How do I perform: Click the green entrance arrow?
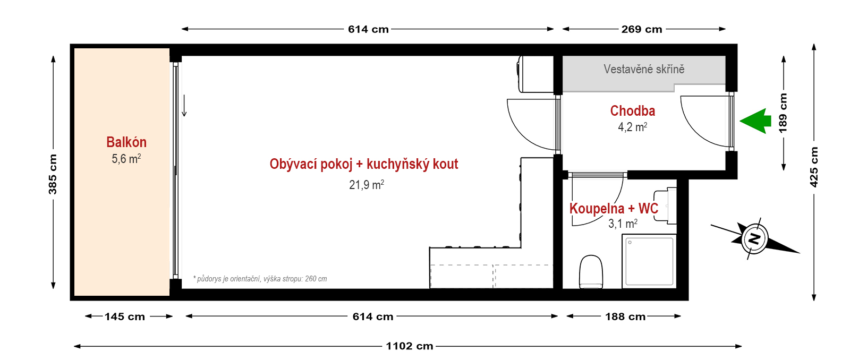(x=755, y=121)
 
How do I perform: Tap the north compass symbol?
(x=754, y=238)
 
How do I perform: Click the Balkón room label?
(x=126, y=142)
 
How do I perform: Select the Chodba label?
(x=633, y=111)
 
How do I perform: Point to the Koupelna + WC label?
(x=614, y=208)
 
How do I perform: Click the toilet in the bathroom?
(x=591, y=272)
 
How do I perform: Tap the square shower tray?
(x=649, y=261)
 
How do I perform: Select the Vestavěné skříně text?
(x=644, y=69)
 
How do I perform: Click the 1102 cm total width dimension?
(x=410, y=346)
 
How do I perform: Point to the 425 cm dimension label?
(x=813, y=167)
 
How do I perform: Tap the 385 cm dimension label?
(x=53, y=175)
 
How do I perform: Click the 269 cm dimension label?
(x=642, y=29)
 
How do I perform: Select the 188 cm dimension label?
(x=625, y=316)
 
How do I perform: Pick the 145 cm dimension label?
(x=125, y=316)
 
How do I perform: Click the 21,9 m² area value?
(x=367, y=185)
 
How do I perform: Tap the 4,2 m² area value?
(x=633, y=127)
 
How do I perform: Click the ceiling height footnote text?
(x=260, y=279)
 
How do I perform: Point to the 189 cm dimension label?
(x=783, y=113)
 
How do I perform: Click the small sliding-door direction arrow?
(x=184, y=106)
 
